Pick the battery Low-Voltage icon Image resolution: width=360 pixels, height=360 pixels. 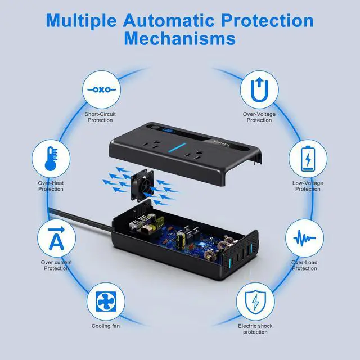point(308,159)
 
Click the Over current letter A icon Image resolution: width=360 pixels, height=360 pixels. point(55,238)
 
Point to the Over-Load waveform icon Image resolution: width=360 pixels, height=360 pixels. point(304,238)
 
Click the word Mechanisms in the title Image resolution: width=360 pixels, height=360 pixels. point(180,38)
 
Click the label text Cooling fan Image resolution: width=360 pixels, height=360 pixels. point(106,326)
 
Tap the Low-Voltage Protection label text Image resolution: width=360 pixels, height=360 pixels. point(308,186)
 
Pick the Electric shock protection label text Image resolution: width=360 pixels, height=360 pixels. point(255,328)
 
